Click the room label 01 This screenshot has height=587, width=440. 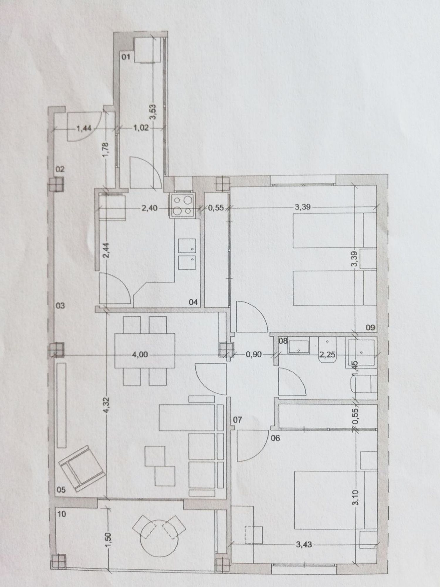tap(126, 57)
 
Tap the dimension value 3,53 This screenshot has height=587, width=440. tap(154, 112)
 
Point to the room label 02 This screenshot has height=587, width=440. tap(60, 169)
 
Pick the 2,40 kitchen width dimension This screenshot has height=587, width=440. tap(150, 208)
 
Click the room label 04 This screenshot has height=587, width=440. tap(193, 302)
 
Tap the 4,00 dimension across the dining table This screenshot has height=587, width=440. tap(140, 355)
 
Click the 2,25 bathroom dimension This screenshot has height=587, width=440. tap(327, 355)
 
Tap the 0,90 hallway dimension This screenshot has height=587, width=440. tap(253, 355)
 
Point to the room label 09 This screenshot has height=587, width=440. tap(370, 328)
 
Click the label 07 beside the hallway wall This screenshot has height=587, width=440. tap(237, 420)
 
